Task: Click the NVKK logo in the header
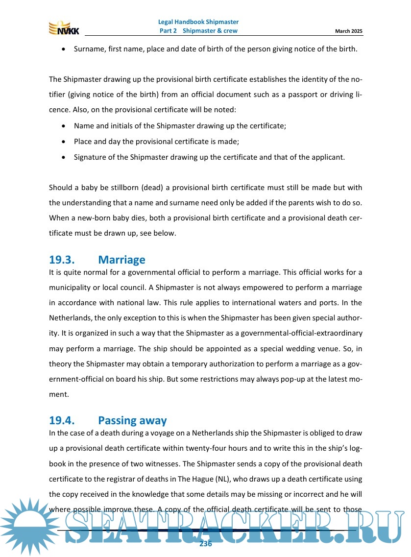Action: coord(64,28)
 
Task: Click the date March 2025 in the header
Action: coord(349,31)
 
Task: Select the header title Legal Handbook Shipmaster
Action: coord(198,22)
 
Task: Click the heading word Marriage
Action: coord(121,260)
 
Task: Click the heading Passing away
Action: coord(132,420)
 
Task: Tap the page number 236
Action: coord(206,544)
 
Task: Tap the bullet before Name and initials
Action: coord(64,126)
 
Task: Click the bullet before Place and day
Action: coord(64,142)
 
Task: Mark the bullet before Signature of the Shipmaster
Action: coord(64,157)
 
